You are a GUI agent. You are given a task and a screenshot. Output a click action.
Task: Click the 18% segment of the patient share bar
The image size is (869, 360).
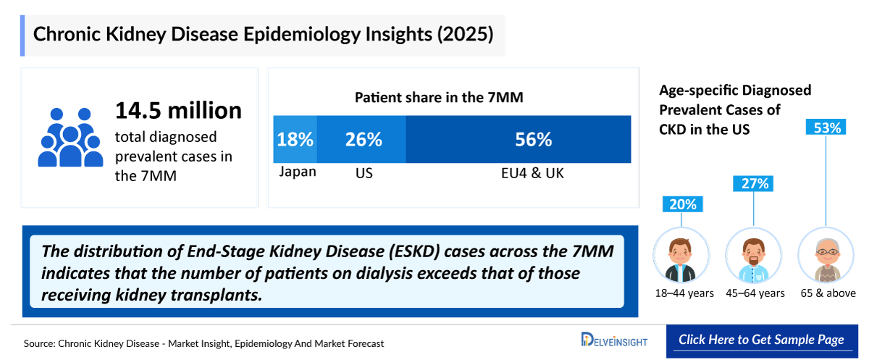[x=295, y=139]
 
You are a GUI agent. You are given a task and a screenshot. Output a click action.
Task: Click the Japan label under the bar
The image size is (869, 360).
[x=298, y=172]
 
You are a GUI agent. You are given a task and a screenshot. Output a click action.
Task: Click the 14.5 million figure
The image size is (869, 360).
[x=178, y=110]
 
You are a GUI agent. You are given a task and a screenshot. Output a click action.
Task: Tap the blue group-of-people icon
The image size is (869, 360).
[x=70, y=137]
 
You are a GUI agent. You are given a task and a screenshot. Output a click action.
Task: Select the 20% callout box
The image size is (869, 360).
[x=681, y=204]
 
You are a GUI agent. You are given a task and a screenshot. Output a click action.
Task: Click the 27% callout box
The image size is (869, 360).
[x=754, y=184]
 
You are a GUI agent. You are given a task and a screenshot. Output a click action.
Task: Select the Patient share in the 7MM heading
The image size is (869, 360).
[x=439, y=96]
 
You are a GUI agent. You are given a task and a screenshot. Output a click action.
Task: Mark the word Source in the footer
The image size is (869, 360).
[x=40, y=343]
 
